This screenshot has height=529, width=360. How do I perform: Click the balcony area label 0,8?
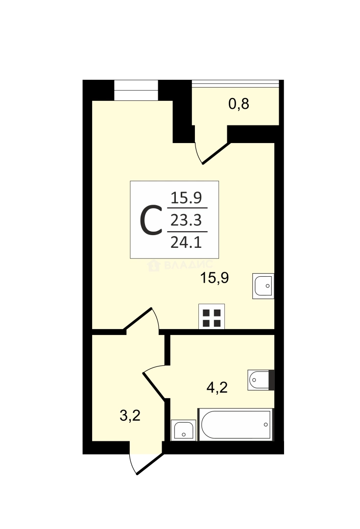(239, 104)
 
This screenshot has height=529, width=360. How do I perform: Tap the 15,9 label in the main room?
(215, 278)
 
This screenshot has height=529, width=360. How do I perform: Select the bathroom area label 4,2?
(217, 387)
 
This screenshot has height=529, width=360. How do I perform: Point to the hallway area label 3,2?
(130, 415)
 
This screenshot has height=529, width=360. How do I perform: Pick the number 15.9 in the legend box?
(186, 198)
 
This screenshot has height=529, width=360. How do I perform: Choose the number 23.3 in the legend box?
(186, 220)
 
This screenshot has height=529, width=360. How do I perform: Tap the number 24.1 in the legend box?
(186, 242)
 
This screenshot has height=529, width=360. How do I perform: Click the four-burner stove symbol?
(212, 317)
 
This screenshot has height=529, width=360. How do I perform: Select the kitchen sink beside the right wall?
(263, 286)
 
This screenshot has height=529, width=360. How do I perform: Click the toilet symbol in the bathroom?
(261, 380)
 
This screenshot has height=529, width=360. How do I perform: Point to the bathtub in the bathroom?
(236, 424)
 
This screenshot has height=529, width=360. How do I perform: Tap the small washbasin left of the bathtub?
(184, 430)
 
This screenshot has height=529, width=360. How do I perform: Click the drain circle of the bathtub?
(266, 424)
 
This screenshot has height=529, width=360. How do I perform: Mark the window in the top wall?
(136, 90)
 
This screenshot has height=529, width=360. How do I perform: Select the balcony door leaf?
(216, 153)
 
